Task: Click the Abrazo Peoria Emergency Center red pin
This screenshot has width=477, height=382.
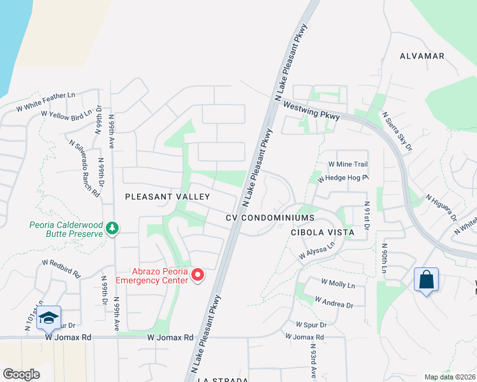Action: coord(198,275)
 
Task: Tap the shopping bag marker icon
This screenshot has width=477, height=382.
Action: coord(425,279)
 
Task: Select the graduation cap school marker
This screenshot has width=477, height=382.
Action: coord(48,318)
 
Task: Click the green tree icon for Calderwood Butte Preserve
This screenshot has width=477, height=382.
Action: coord(112,227)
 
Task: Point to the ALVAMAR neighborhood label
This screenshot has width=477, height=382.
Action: coord(422,56)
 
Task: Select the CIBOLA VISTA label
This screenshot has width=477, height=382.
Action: coord(322,232)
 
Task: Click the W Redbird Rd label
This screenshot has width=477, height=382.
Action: coord(61,267)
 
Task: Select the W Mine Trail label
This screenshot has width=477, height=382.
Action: coord(348,164)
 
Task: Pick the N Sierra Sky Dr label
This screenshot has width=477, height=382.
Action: coord(397,132)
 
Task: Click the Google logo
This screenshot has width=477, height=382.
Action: coord(21,374)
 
